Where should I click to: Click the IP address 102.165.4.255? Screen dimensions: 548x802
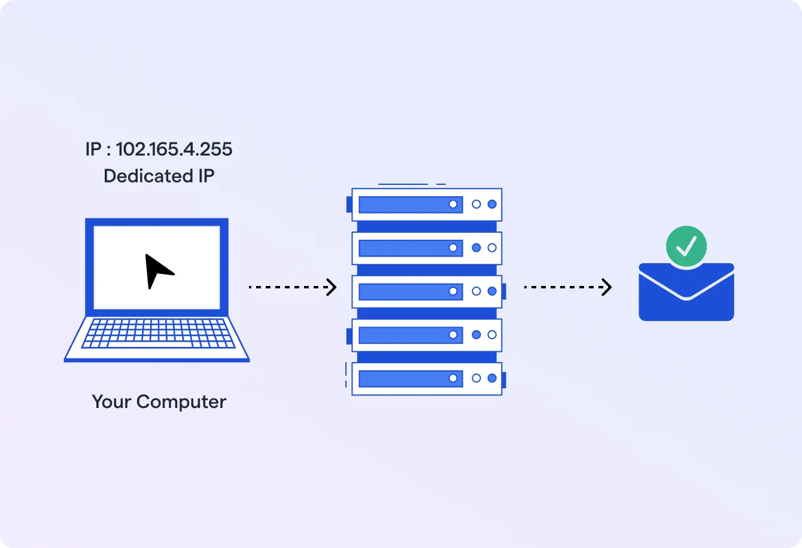coord(174,149)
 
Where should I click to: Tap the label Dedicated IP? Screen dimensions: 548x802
coord(159,176)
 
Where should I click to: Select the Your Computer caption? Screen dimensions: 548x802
coord(159,401)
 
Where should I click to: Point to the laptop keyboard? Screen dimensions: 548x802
coord(157,333)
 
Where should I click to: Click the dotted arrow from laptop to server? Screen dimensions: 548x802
coord(292,288)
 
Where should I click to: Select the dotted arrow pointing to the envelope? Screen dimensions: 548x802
coord(567,288)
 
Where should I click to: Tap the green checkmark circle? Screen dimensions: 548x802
coord(686,246)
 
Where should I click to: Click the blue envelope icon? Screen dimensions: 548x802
coord(686,296)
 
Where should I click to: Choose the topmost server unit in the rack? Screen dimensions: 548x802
coord(426,205)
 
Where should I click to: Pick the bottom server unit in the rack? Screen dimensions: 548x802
coord(426,378)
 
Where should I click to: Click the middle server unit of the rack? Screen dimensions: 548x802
coord(426,291)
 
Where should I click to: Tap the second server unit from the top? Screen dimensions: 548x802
coord(426,248)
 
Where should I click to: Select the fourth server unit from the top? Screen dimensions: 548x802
coord(426,335)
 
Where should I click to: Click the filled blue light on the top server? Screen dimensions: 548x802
coord(492,205)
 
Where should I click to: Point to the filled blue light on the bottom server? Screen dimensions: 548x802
coord(492,378)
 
